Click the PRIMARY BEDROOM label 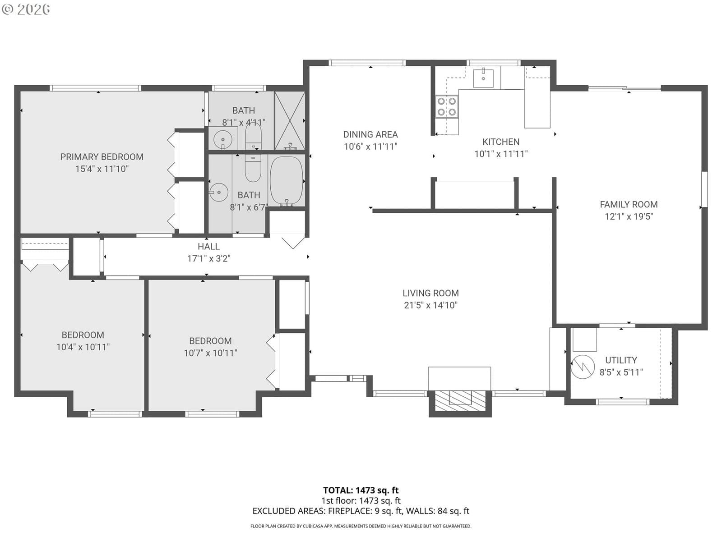[102, 157]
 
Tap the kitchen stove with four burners [447, 106]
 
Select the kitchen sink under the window [483, 78]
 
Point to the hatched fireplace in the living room [460, 400]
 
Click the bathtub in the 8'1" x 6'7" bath [287, 181]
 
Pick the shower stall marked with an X [290, 120]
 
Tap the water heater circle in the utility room [583, 367]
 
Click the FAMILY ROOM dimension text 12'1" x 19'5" [629, 216]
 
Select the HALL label [208, 246]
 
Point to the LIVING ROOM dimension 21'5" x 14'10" [430, 305]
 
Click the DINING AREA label [370, 134]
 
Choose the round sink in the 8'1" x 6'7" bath [219, 192]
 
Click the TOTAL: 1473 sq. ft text [361, 491]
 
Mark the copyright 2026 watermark [26, 9]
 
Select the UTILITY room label [621, 360]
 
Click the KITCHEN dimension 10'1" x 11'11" [501, 154]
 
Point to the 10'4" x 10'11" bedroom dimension [83, 347]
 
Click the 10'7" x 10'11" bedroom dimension [210, 353]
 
